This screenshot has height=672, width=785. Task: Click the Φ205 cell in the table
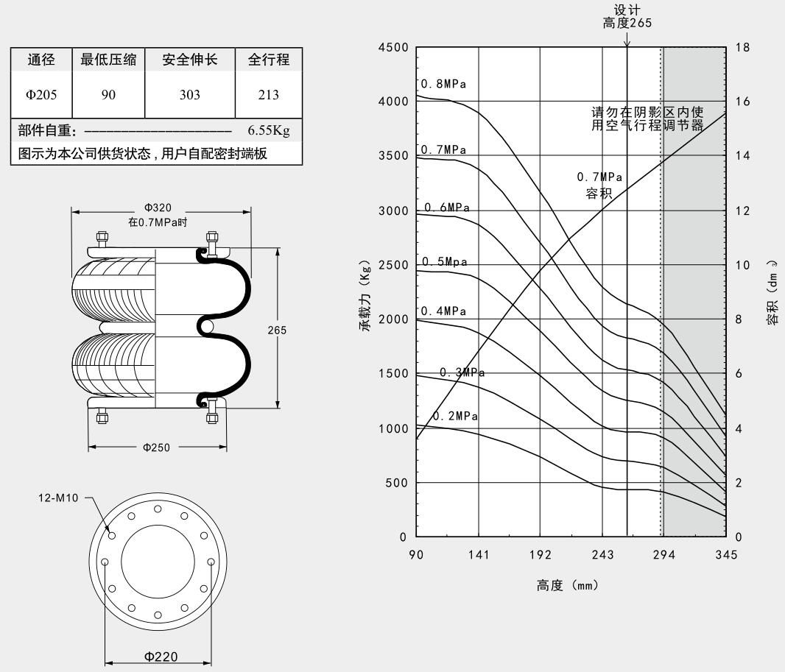(x=41, y=95)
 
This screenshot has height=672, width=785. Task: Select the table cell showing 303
(x=190, y=95)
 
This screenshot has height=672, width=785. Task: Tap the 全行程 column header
(x=269, y=60)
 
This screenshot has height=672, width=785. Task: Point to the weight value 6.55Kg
(x=269, y=131)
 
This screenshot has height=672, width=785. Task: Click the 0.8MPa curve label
(x=443, y=85)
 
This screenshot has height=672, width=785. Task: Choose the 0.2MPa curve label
(x=455, y=416)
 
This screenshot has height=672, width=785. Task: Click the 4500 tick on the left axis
(x=392, y=48)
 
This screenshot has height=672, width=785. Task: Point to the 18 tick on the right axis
(x=742, y=48)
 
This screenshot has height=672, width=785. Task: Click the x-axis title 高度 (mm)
(x=566, y=586)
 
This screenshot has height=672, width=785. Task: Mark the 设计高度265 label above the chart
(x=627, y=17)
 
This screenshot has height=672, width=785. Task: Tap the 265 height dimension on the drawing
(x=278, y=330)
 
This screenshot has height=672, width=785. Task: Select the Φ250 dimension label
(x=157, y=447)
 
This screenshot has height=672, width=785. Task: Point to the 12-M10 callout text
(x=57, y=498)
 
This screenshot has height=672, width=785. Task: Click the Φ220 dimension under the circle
(x=161, y=657)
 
